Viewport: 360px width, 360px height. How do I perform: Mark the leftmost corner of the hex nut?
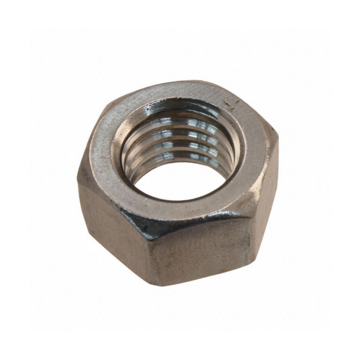point(79,175)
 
